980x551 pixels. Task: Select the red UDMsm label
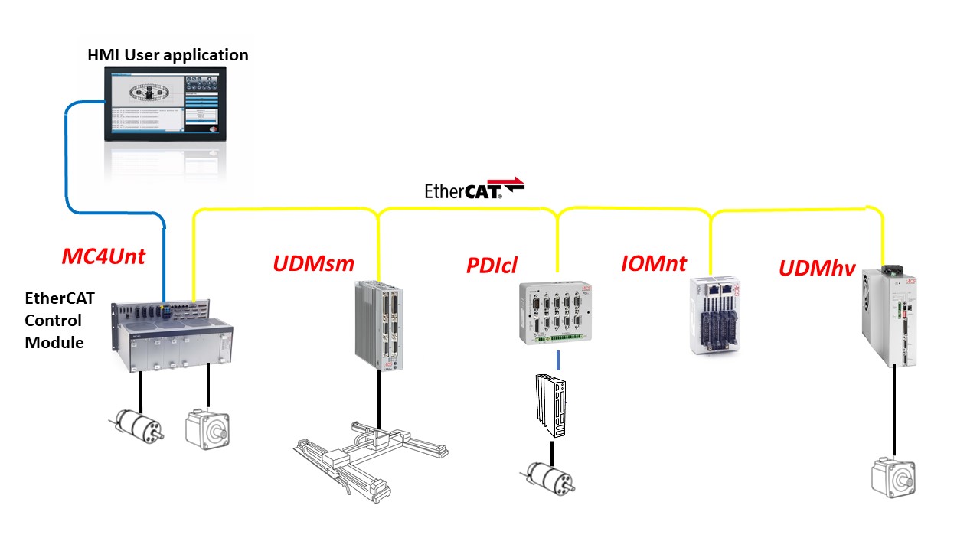[x=313, y=264]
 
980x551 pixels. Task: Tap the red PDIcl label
[x=492, y=266]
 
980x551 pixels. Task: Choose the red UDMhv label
[x=817, y=268]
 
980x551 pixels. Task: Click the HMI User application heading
[x=167, y=55]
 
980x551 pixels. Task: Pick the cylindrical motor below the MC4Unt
[x=137, y=425]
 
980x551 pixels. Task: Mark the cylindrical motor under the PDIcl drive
[x=549, y=476]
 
